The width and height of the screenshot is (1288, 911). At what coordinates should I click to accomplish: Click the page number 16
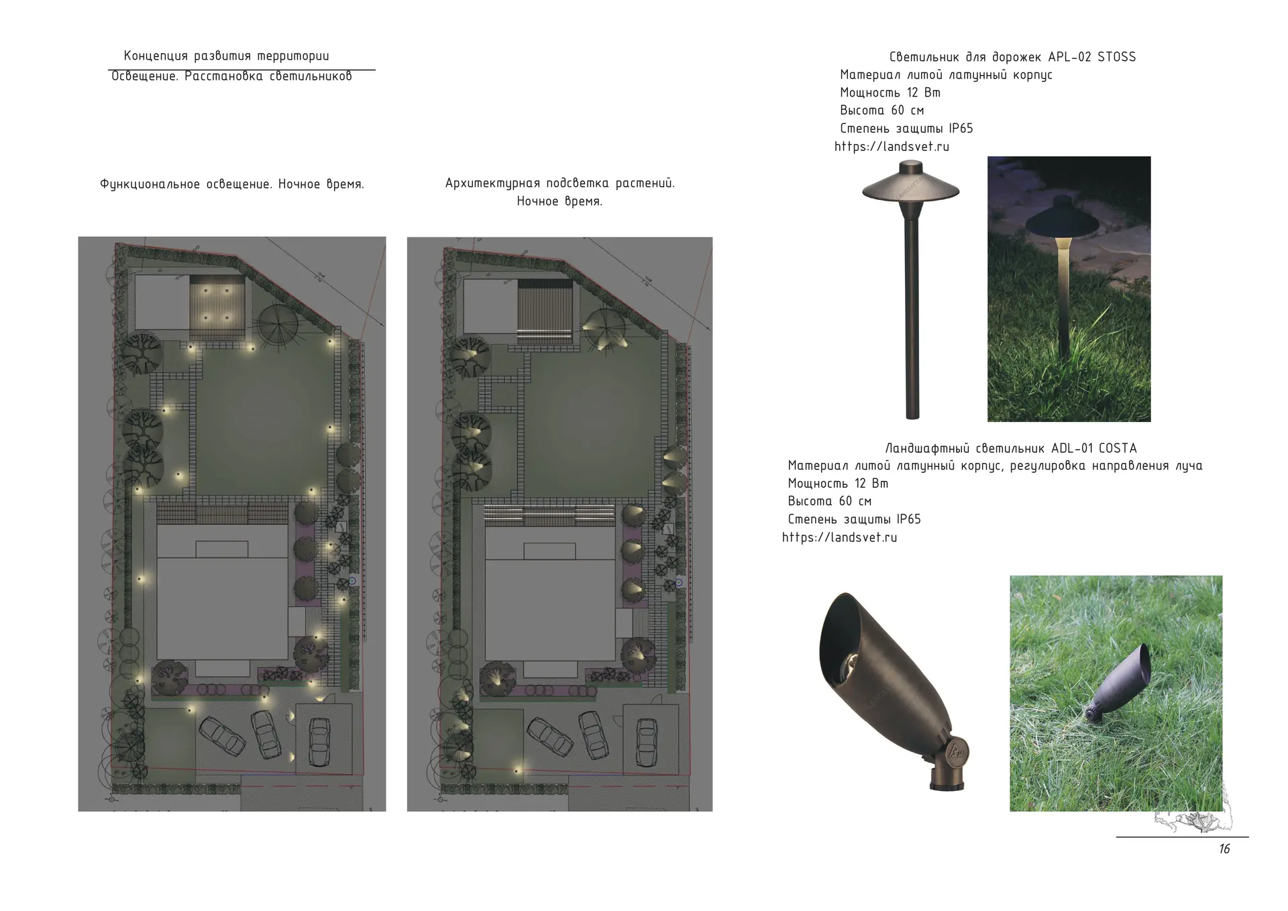click(1224, 849)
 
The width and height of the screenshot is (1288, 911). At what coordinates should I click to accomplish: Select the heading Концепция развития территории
click(227, 56)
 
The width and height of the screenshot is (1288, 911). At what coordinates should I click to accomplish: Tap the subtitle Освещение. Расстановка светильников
click(231, 76)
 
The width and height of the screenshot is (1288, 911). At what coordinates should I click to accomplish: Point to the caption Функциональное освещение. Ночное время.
click(232, 184)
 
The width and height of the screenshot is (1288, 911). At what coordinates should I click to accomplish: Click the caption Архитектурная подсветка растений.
click(560, 183)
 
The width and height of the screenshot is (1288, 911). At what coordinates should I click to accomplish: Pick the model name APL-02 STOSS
click(1092, 57)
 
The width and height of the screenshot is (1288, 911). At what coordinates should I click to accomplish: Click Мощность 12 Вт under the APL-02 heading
click(890, 93)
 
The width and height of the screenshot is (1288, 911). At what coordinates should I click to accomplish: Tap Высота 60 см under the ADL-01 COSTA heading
click(830, 501)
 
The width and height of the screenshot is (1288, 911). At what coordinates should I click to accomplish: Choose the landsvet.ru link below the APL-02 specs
click(892, 146)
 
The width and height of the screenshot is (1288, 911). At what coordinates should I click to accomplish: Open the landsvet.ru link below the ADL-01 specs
click(840, 537)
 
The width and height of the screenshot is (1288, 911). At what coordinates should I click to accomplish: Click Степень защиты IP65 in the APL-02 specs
click(906, 128)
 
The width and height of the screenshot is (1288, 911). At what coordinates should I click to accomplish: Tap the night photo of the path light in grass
click(1069, 289)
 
